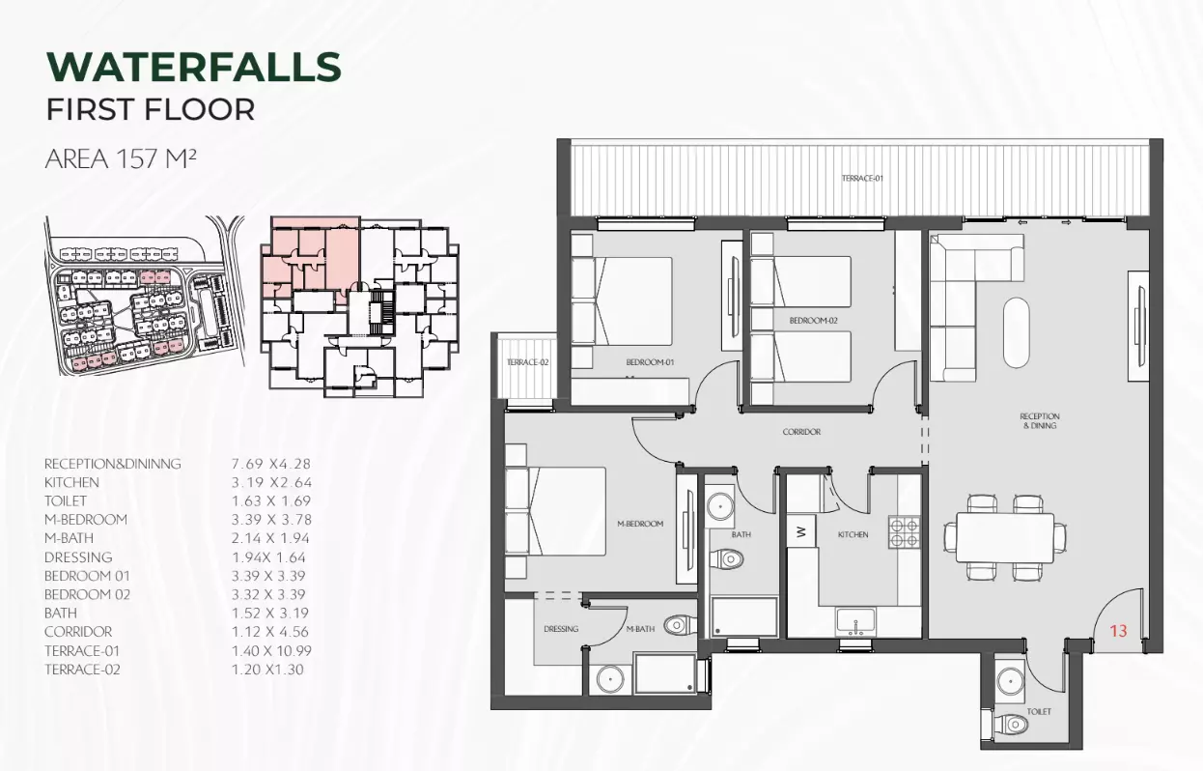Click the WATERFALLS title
coord(194,67)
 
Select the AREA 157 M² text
coord(121,158)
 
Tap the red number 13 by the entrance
coord(1118,631)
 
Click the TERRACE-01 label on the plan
coord(862,178)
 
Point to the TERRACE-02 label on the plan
coord(527,362)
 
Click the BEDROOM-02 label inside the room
coord(813,321)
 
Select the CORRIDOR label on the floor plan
coord(801,432)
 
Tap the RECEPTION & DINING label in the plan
coord(1039,420)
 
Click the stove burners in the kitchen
coord(904,532)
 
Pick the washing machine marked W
coord(801,531)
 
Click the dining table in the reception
coord(1005,537)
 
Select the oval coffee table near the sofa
coord(1016,332)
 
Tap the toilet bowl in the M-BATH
coord(680,625)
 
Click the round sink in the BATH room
coord(719,505)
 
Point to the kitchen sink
coord(855,621)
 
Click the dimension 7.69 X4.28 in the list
coord(271,464)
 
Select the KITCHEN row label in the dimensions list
coord(72,482)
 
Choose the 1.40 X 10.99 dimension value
coord(271,650)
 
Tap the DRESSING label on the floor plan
coord(561,629)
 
